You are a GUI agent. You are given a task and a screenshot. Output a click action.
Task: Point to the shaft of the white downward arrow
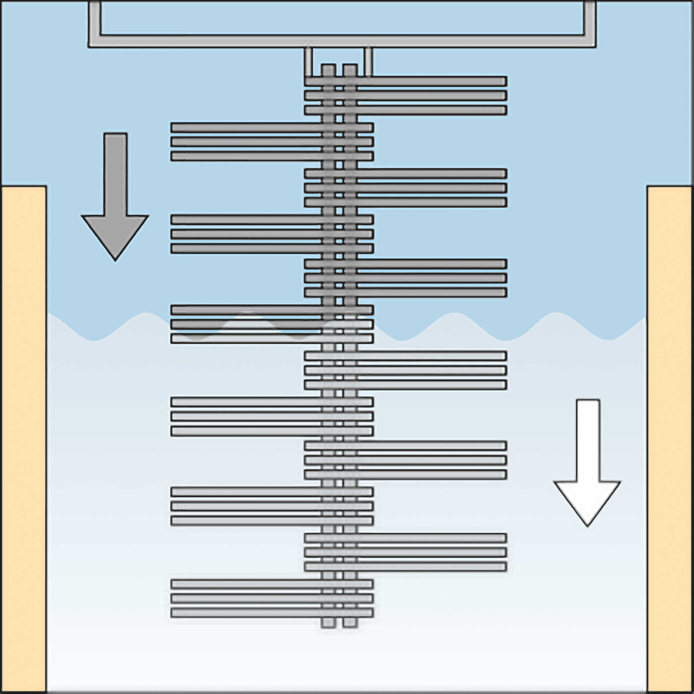(588, 440)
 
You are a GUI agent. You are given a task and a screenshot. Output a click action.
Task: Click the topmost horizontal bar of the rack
(406, 81)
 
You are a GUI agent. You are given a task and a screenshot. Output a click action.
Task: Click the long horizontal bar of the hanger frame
(342, 41)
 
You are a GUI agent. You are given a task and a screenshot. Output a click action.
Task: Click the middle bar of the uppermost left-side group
(272, 141)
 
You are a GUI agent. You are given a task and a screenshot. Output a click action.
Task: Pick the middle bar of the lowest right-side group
(406, 552)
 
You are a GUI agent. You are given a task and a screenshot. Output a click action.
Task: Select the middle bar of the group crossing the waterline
(272, 324)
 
